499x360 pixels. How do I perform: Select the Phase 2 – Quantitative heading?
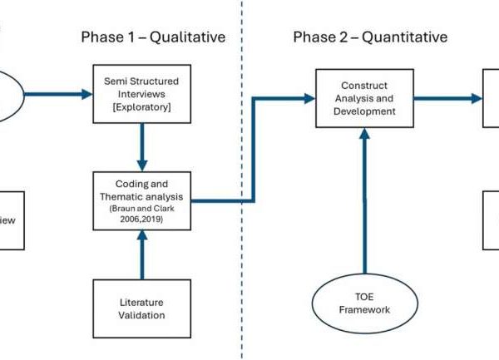click(369, 37)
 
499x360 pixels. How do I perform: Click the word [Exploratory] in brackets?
click(141, 107)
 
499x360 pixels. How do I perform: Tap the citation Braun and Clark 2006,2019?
click(142, 211)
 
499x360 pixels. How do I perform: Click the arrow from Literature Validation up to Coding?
click(141, 253)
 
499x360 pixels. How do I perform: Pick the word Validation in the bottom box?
click(141, 315)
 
